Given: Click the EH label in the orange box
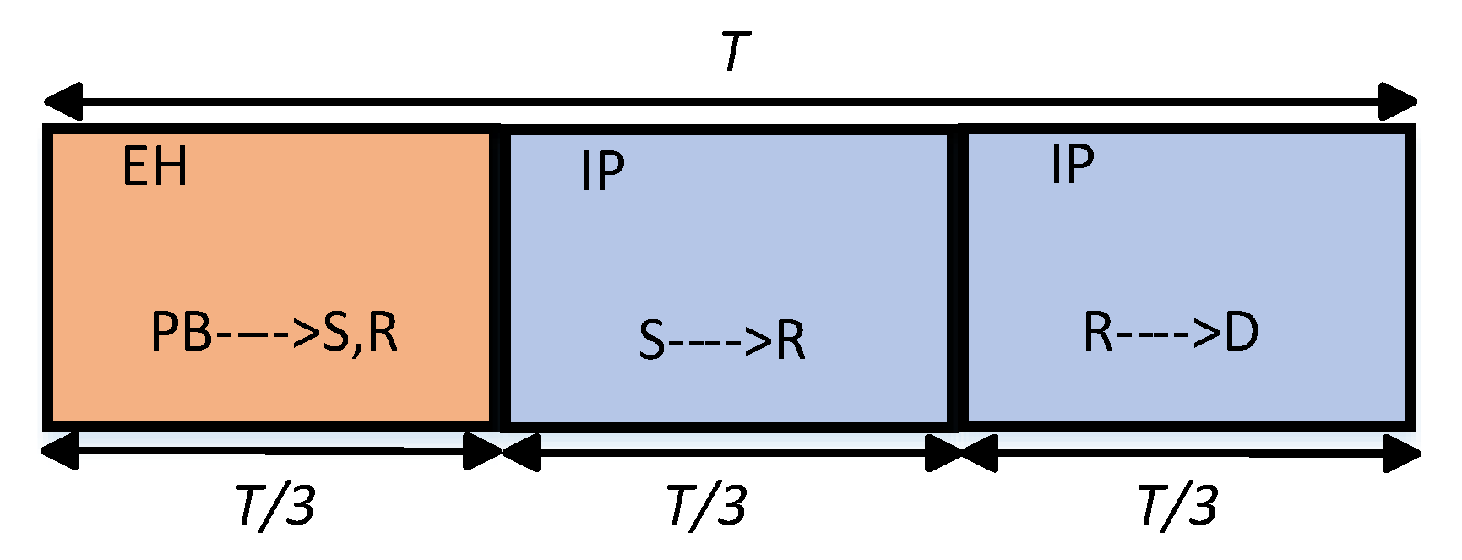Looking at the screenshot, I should (x=155, y=166).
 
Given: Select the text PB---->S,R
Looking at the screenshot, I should (x=274, y=332).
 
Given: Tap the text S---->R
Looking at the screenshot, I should (x=721, y=340).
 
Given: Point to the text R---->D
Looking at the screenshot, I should (x=1171, y=332).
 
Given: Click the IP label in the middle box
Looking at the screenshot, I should (x=602, y=171).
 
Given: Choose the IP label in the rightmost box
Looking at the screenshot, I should (x=1072, y=164).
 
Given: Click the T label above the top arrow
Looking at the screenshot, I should (x=735, y=52).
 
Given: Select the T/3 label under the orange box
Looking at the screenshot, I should (x=276, y=506).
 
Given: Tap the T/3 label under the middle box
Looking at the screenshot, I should (x=707, y=506).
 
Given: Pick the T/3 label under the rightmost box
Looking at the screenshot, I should (x=1177, y=506).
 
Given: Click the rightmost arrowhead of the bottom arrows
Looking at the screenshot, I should (x=1402, y=454).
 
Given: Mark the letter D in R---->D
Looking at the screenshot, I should (x=1242, y=332).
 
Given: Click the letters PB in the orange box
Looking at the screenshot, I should (x=182, y=332).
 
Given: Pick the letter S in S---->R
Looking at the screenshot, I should (x=652, y=341).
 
